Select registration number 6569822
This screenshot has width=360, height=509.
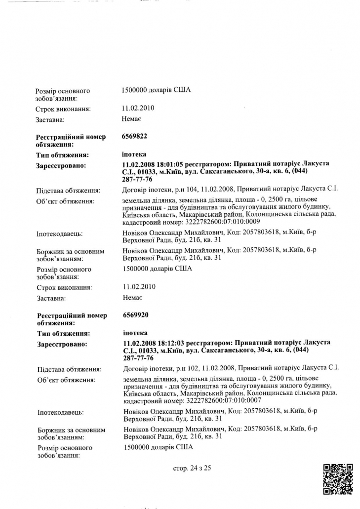tap(134, 136)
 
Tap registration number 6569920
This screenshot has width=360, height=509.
tap(135, 314)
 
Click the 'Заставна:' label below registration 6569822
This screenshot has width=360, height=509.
tap(51, 298)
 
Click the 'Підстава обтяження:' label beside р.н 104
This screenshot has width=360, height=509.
tap(69, 190)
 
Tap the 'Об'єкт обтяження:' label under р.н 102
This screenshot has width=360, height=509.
tap(66, 380)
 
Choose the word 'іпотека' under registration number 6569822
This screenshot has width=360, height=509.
tap(134, 154)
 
